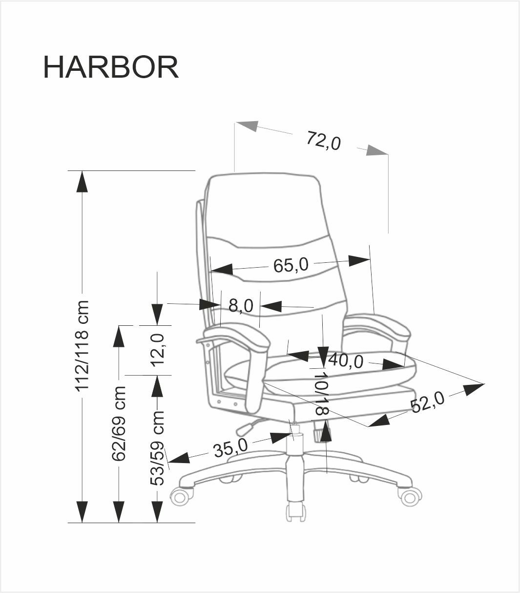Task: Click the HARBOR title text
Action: tap(111, 67)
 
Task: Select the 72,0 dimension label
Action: tap(323, 141)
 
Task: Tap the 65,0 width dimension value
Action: tap(291, 265)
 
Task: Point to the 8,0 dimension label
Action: tap(241, 306)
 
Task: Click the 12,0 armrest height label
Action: tap(157, 350)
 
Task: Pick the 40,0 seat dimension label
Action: tap(346, 361)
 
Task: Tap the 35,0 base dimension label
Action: tap(230, 448)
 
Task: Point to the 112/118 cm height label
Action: tap(82, 345)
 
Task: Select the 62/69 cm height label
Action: tap(119, 424)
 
